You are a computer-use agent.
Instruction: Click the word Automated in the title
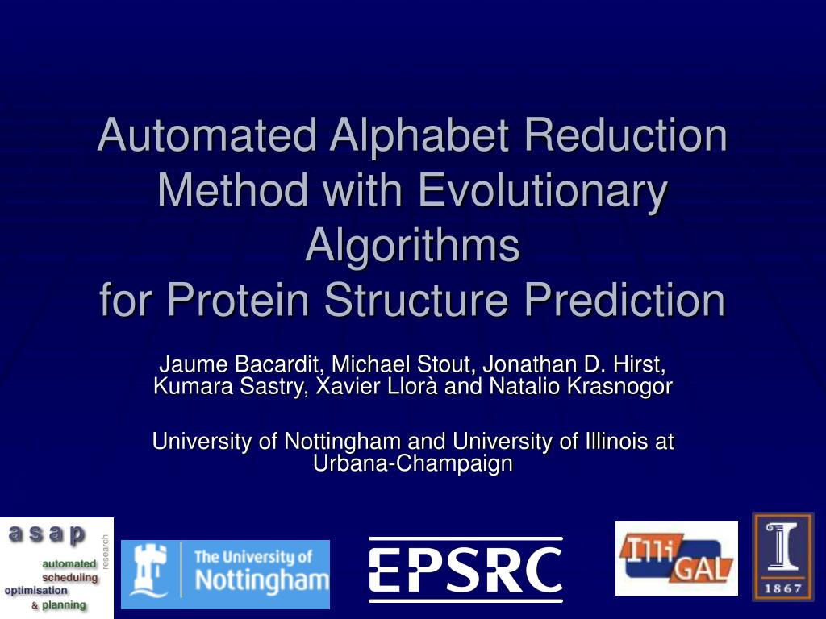pyautogui.click(x=207, y=135)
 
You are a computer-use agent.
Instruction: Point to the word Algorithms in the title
pyautogui.click(x=412, y=246)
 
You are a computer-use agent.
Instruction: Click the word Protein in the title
pyautogui.click(x=238, y=300)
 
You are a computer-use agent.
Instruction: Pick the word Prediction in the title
pyautogui.click(x=625, y=300)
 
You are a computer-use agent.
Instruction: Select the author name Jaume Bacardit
pyautogui.click(x=240, y=364)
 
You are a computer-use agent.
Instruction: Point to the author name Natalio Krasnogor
pyautogui.click(x=581, y=386)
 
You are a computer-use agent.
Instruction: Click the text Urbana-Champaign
pyautogui.click(x=412, y=463)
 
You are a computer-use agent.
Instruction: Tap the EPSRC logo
pyautogui.click(x=465, y=570)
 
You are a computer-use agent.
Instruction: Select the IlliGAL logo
pyautogui.click(x=677, y=559)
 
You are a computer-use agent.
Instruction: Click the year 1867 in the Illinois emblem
pyautogui.click(x=782, y=588)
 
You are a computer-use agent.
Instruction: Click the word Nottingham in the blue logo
pyautogui.click(x=262, y=580)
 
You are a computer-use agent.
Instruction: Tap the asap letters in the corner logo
pyautogui.click(x=47, y=534)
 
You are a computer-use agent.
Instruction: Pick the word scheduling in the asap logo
pyautogui.click(x=70, y=577)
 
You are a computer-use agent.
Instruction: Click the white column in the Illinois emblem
pyautogui.click(x=782, y=547)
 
